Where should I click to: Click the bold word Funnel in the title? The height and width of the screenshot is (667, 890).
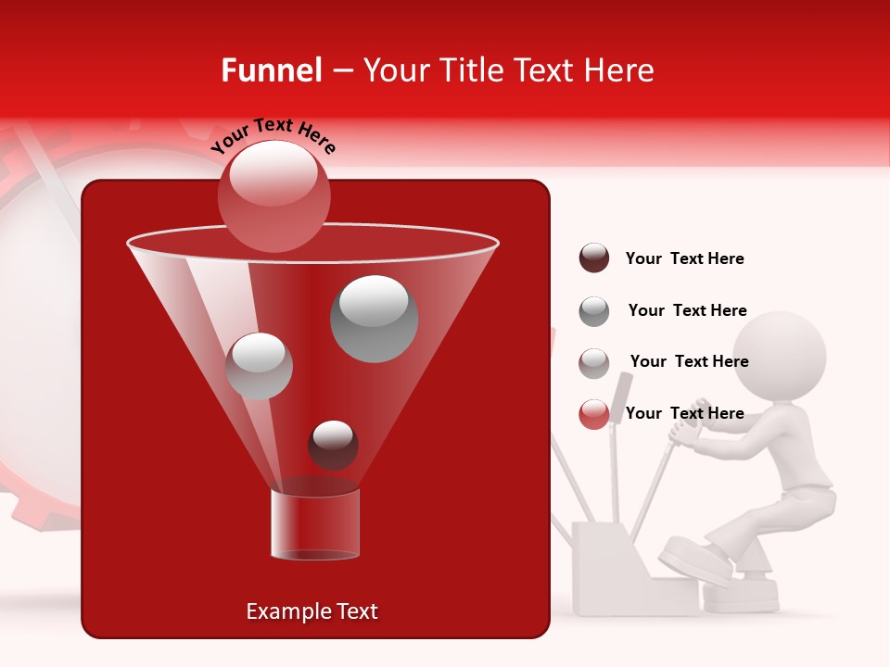pos(271,70)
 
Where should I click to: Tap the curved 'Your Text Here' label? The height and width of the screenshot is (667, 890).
pos(273,135)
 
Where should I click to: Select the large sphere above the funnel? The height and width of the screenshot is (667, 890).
pos(273,195)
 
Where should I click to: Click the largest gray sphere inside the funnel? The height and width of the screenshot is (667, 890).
pos(374,318)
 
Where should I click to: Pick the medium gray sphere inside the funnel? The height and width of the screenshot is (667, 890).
pos(259,366)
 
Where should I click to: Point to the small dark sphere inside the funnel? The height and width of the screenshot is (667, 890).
pos(333,445)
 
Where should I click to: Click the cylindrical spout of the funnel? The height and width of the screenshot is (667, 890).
pos(314,523)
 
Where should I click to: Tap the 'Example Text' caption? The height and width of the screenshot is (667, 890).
pos(311,611)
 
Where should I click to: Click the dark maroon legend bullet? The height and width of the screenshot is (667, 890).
pos(594,258)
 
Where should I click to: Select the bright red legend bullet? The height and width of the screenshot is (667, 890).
pos(594,414)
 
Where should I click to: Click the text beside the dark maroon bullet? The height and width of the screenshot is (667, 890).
pos(684,258)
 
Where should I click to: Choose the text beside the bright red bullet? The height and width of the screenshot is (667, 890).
pos(684,413)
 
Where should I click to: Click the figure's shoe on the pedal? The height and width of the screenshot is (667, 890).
pos(696,561)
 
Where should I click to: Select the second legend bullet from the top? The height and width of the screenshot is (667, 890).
pos(594,311)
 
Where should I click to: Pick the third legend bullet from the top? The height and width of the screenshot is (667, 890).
pos(594,362)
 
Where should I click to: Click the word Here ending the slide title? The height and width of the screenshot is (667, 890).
pos(619,70)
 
